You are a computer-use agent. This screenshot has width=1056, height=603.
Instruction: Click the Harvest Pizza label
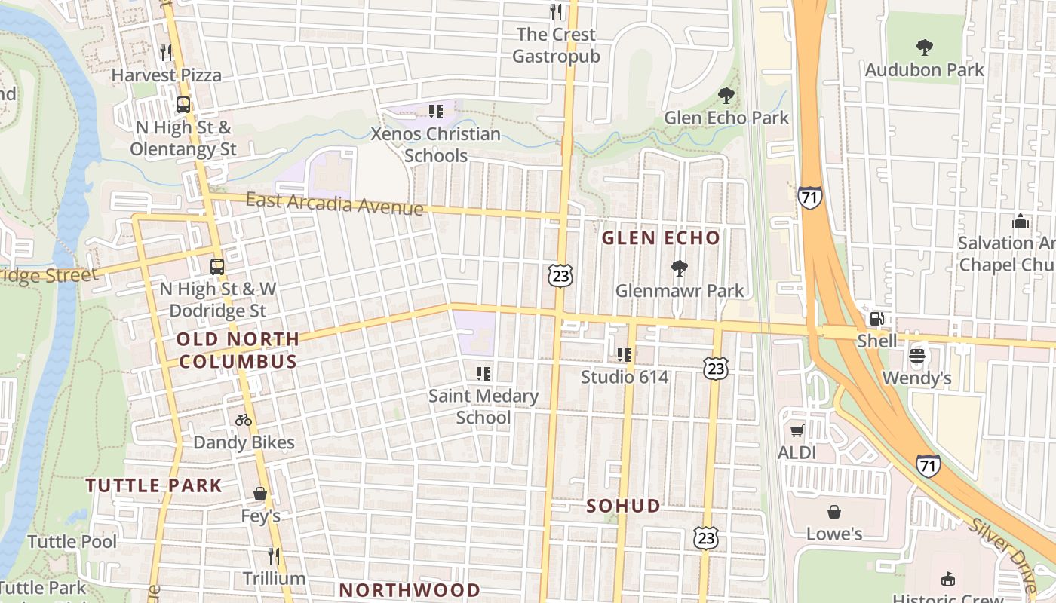click(167, 75)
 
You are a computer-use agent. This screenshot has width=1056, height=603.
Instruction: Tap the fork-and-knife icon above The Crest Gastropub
click(556, 11)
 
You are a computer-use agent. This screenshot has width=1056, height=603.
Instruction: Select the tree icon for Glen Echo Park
click(726, 96)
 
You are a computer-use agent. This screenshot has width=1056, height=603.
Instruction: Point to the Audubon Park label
click(924, 70)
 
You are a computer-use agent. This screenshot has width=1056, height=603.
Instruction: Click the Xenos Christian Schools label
click(436, 145)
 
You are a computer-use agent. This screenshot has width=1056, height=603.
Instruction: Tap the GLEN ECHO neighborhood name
click(661, 238)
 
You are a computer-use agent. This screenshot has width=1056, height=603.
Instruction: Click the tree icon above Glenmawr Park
click(679, 268)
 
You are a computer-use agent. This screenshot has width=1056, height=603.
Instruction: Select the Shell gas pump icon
click(876, 319)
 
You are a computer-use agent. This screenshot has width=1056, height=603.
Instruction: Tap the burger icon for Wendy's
click(917, 355)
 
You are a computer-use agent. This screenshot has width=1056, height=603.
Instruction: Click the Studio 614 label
click(625, 377)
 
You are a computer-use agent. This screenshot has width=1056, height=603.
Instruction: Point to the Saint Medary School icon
click(483, 373)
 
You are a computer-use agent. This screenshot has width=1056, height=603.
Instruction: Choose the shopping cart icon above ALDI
click(797, 431)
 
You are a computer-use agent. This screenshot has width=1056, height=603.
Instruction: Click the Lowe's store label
click(834, 534)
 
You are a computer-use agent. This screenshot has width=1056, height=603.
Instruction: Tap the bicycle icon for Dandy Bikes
click(243, 420)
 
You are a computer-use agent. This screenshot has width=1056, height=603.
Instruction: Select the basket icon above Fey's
click(260, 494)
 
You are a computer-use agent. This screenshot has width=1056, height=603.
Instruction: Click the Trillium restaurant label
click(274, 579)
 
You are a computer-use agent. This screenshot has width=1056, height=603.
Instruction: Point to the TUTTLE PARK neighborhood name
click(154, 485)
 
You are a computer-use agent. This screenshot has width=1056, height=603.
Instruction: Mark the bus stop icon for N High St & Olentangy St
click(183, 105)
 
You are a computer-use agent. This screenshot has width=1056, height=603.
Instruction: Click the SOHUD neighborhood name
click(624, 506)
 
